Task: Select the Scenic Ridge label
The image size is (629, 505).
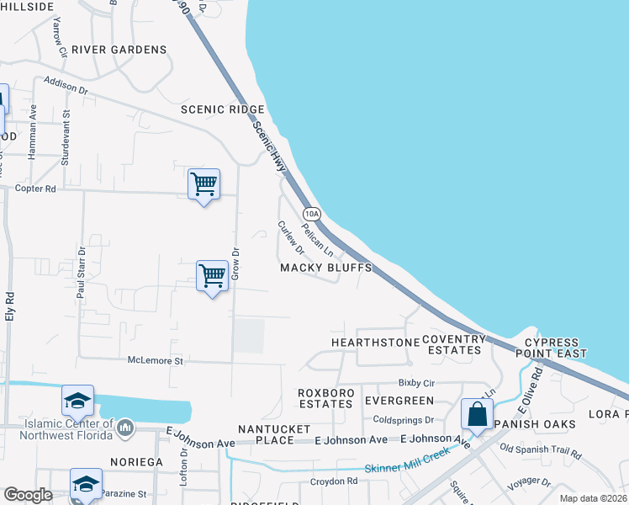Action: pos(223,110)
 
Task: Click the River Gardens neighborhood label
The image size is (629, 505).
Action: pos(119,50)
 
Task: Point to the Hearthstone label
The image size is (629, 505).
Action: pos(375,343)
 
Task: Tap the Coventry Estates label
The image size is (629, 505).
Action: pos(454,345)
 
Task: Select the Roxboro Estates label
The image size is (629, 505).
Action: pos(325,398)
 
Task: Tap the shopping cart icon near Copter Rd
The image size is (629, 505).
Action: pos(203,184)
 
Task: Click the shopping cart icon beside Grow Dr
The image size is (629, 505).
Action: pos(212,276)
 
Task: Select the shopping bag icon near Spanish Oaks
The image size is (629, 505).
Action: pos(478,415)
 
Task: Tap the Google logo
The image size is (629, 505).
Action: pos(28,495)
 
